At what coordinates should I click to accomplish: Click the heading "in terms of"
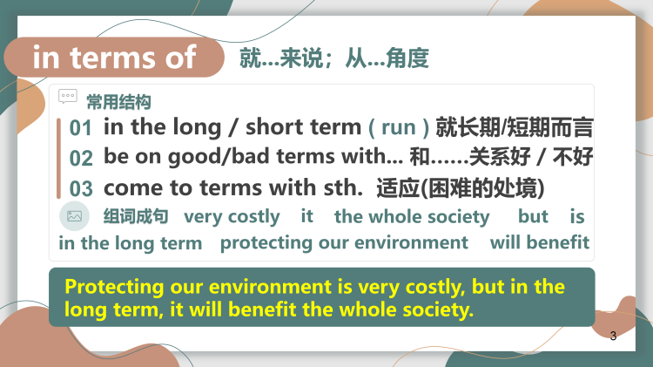click(115, 58)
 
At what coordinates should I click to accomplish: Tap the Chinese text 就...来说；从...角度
click(334, 58)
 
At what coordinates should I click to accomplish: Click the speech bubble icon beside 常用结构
click(67, 96)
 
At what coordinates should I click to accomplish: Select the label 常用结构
click(118, 102)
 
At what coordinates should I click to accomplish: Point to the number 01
click(81, 128)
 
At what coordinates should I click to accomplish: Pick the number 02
click(81, 158)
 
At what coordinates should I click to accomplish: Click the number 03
click(81, 188)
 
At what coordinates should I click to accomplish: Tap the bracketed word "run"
click(399, 127)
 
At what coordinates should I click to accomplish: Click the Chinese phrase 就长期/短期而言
click(515, 127)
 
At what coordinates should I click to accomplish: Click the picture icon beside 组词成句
click(74, 216)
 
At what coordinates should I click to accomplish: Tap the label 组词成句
click(136, 216)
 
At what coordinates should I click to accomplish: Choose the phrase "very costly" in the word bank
click(232, 216)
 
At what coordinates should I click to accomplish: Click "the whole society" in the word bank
click(412, 216)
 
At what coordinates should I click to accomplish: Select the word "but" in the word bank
click(533, 216)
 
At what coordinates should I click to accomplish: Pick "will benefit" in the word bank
click(540, 242)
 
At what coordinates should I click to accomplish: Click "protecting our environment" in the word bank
click(344, 242)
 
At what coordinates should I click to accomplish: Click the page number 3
click(614, 336)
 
